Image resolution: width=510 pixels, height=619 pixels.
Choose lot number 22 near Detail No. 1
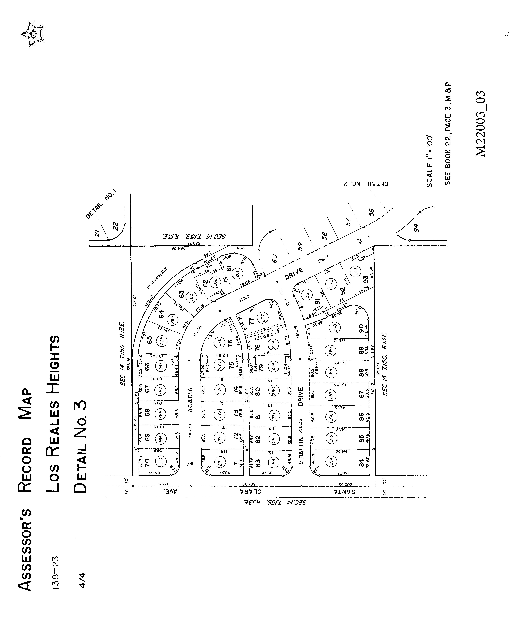coord(115,226)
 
